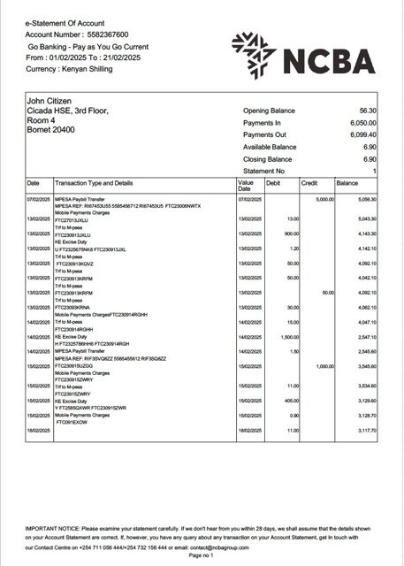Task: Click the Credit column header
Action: pos(309,183)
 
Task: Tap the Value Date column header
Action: pos(246,186)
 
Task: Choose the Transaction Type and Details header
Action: pos(94,183)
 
